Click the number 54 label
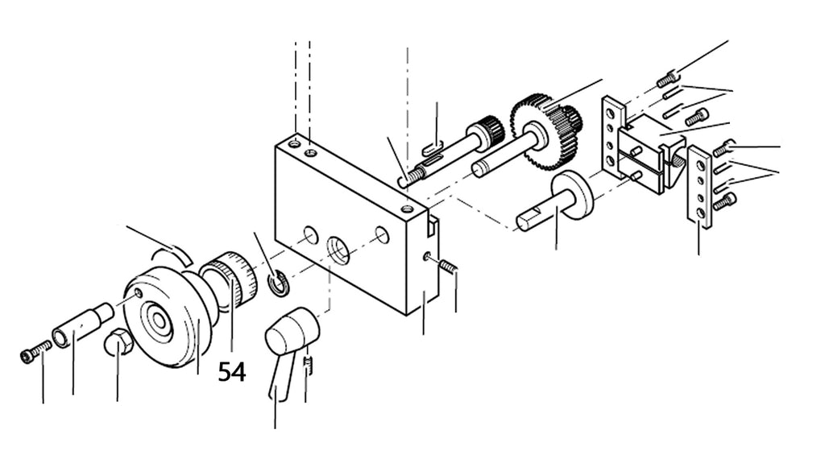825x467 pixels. click(x=232, y=372)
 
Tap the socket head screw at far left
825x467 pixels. click(x=35, y=351)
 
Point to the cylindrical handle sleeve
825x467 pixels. click(x=82, y=325)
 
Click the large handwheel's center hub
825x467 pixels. click(x=157, y=320)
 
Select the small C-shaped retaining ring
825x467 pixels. click(x=277, y=283)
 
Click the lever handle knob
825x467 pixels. click(x=292, y=330)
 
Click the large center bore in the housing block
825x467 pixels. click(x=338, y=250)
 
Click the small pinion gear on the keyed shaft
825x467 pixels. click(x=487, y=128)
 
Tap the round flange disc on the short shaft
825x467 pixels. click(x=572, y=193)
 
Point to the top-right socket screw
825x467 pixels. click(x=667, y=79)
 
